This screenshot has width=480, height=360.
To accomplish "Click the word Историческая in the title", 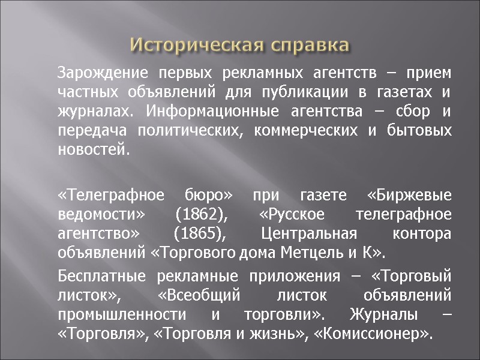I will [x=185, y=46].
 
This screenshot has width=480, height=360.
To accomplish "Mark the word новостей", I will [x=93, y=149].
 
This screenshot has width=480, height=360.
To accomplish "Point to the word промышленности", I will [x=126, y=315].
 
